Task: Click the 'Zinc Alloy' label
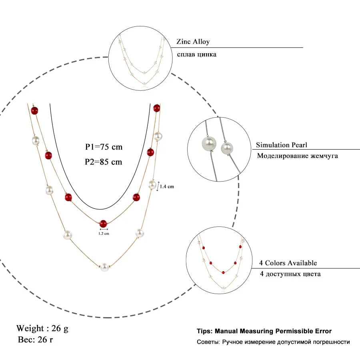click(x=193, y=42)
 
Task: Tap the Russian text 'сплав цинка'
click(x=196, y=54)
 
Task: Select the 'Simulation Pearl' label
click(x=282, y=145)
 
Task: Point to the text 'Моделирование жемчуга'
click(x=297, y=156)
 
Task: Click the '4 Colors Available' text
click(x=288, y=263)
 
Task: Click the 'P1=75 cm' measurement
click(x=104, y=147)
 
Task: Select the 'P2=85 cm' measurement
click(x=104, y=162)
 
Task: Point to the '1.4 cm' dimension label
click(x=167, y=186)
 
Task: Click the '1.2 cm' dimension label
click(x=104, y=233)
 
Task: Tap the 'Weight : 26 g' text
click(x=42, y=328)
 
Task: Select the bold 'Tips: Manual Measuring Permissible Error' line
click(x=264, y=331)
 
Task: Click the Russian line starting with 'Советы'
click(x=273, y=342)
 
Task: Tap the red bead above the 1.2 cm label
click(x=104, y=223)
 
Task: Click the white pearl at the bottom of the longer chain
click(x=104, y=267)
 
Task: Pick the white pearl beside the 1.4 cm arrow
click(x=152, y=184)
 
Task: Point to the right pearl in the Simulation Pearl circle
click(x=227, y=148)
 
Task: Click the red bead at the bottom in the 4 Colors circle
click(x=222, y=272)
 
